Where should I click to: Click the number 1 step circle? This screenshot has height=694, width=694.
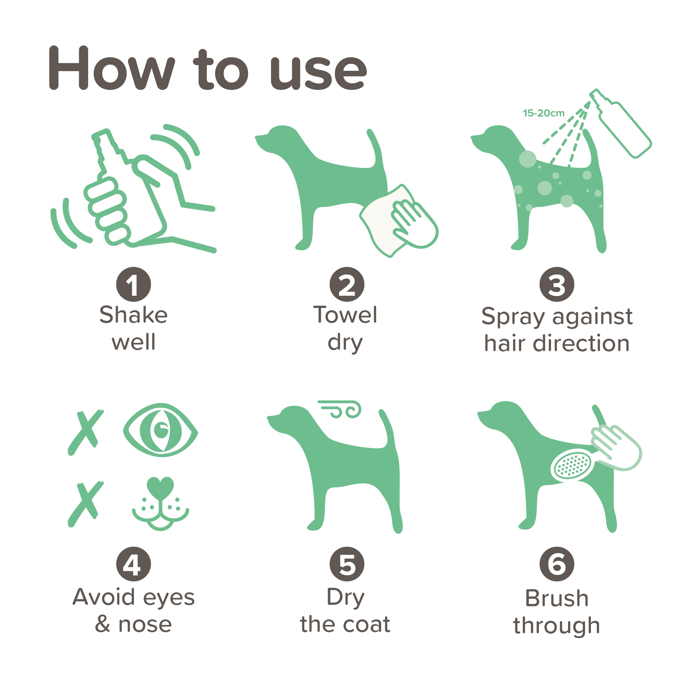tap(134, 285)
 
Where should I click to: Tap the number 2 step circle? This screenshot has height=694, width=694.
tap(347, 285)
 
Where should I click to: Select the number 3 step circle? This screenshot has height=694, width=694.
tap(557, 285)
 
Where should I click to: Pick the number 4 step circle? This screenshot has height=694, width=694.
tap(134, 564)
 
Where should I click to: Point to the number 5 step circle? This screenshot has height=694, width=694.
tap(347, 564)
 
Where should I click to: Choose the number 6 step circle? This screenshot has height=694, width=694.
tap(557, 564)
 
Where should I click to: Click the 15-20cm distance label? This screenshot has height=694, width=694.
tap(543, 113)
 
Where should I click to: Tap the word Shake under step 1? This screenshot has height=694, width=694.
tap(134, 315)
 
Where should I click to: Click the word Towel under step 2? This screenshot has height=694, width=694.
tap(345, 315)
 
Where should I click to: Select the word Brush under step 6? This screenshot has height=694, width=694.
tap(557, 599)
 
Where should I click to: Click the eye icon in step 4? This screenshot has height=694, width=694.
tap(161, 430)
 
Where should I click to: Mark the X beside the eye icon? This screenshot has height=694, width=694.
tap(86, 433)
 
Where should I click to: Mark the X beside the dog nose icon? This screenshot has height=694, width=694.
tap(86, 504)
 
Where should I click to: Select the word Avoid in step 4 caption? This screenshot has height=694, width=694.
tap(104, 597)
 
